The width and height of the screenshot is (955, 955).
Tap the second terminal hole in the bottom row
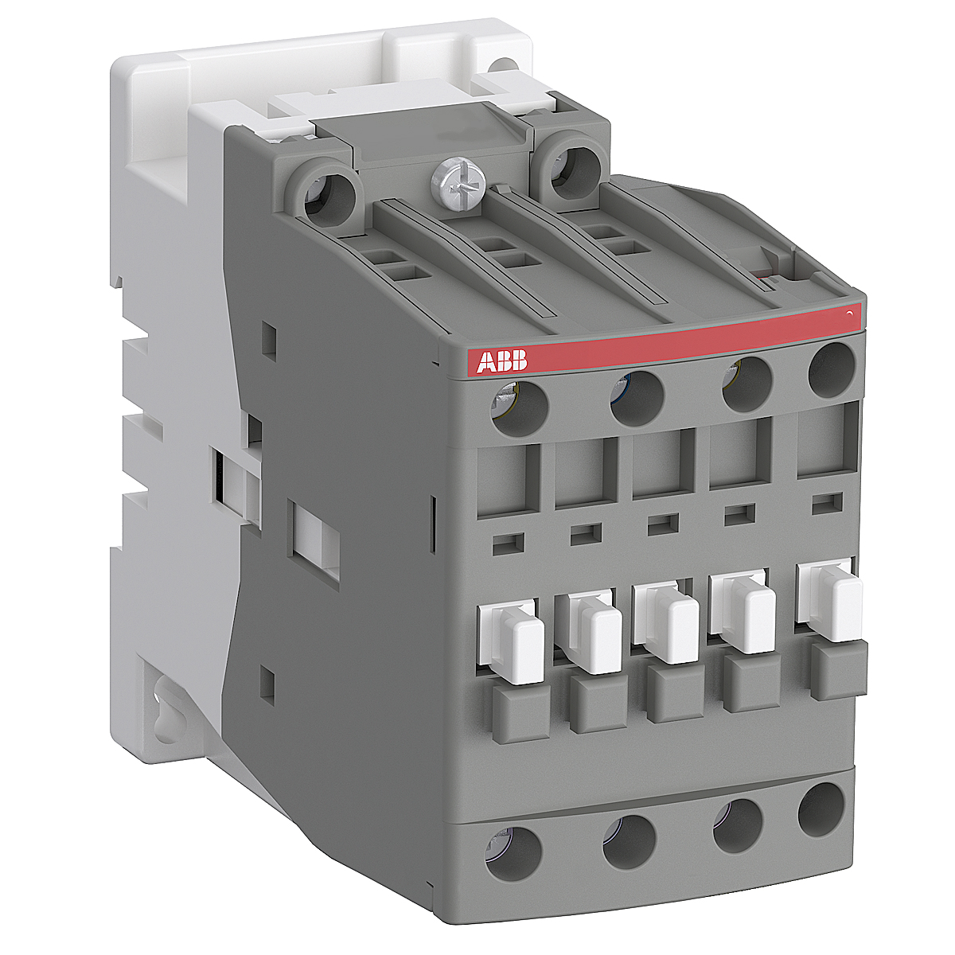pyautogui.click(x=629, y=840)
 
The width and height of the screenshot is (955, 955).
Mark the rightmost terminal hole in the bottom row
pyautogui.click(x=821, y=809)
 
